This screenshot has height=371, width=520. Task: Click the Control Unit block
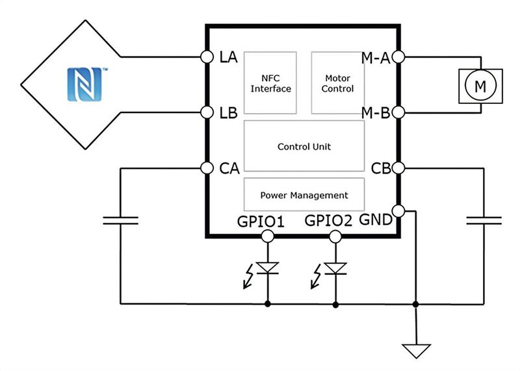304,147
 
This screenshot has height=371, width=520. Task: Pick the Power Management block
304,195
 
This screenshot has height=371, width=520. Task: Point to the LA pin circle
207,57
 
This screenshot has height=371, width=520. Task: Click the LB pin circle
207,112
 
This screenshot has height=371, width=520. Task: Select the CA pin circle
207,168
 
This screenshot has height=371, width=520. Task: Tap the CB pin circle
399,168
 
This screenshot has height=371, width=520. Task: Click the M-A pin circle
399,57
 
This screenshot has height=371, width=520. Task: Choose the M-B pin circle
399,112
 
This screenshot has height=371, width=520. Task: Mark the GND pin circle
399,211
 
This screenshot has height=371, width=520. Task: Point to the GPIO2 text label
328,221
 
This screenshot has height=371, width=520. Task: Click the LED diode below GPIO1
267,268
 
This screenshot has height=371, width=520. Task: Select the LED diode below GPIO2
335,268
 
